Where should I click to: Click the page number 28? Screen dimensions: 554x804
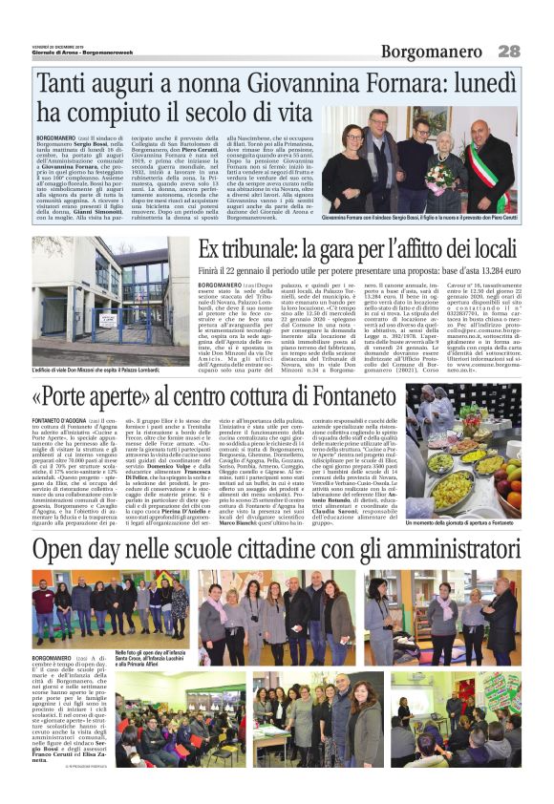pyautogui.click(x=508, y=51)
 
